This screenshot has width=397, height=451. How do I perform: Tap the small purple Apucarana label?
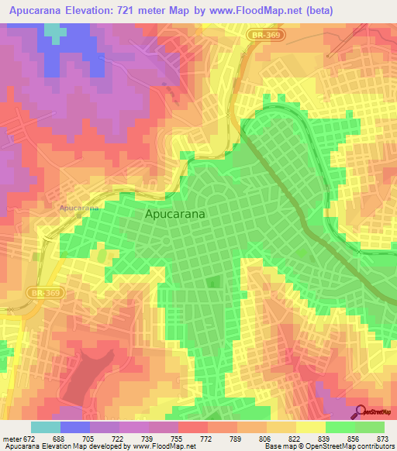pyautogui.click(x=79, y=208)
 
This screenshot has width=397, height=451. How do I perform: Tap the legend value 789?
pyautogui.click(x=223, y=439)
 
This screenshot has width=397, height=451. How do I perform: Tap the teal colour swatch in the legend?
pyautogui.click(x=45, y=427)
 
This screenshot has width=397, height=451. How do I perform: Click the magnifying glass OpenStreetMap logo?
pyautogui.click(x=361, y=411)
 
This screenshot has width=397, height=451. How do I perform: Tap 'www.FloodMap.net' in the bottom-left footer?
pyautogui.click(x=152, y=446)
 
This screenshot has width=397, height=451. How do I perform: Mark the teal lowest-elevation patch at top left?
pyautogui.click(x=54, y=31)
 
